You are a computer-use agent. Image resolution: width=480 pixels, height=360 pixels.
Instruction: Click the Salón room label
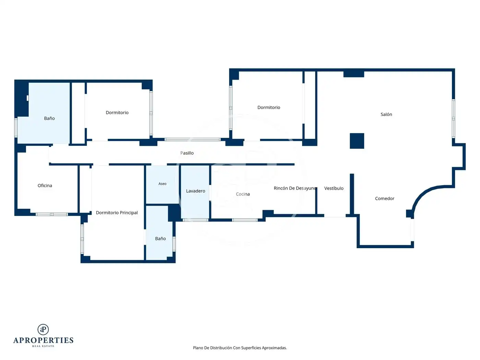386,114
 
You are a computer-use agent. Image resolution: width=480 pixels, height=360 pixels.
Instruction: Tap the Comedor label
384,199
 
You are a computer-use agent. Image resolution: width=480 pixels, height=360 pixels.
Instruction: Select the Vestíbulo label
334,188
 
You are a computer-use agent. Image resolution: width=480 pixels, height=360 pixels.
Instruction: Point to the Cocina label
243,194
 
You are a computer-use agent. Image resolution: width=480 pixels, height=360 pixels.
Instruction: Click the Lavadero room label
195,191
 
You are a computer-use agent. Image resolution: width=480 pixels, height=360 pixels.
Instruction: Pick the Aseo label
162,184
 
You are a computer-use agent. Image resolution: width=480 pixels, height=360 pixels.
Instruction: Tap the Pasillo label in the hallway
187,153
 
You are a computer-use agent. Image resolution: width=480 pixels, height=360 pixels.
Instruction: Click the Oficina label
45,185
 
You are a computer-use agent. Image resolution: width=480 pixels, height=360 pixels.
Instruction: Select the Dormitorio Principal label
117,213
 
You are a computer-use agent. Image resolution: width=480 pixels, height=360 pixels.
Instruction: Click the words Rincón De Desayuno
295,188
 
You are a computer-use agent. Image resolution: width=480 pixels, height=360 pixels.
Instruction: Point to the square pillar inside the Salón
357,141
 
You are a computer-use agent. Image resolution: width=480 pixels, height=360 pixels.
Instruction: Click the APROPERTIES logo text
43,340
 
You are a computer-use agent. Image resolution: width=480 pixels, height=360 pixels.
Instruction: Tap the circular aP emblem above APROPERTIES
43,329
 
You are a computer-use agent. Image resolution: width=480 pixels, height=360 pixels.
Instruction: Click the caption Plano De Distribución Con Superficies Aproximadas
240,348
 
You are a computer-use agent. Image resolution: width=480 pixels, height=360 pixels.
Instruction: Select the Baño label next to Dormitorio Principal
160,239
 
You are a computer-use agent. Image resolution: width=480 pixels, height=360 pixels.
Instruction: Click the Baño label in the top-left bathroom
49,118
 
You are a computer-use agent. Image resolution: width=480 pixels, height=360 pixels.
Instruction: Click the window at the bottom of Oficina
52,214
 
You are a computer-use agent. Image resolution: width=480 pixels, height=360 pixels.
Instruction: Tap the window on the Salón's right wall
453,119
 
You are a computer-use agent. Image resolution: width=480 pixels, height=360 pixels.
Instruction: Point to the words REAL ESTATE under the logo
43,346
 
